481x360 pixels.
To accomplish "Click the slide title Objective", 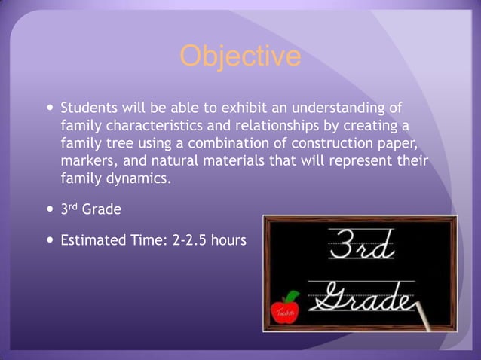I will [x=240, y=56].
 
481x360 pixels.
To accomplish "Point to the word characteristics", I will [x=161, y=125].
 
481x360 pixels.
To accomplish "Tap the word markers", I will [x=88, y=161].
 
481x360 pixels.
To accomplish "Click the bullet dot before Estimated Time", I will [x=50, y=242].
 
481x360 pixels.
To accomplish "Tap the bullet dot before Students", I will [x=50, y=107].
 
